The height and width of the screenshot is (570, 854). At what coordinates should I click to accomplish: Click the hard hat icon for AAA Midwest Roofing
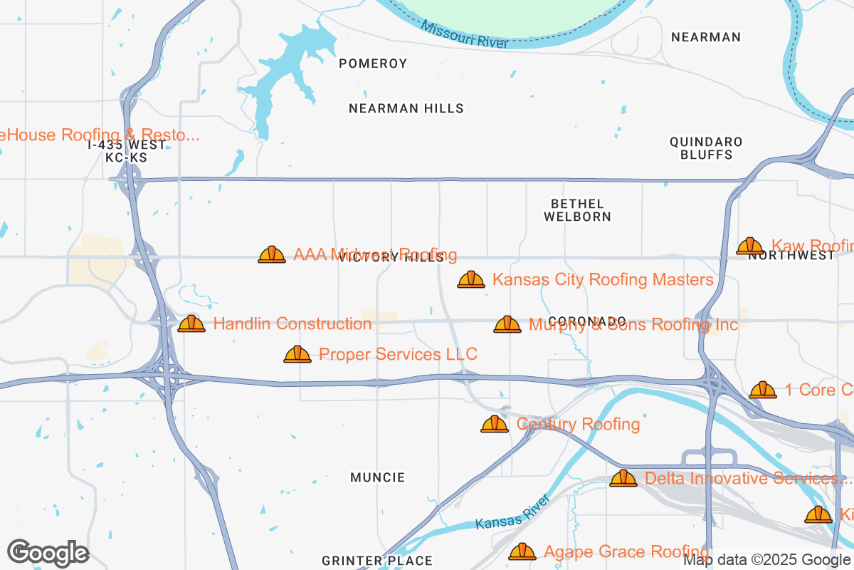click(x=272, y=254)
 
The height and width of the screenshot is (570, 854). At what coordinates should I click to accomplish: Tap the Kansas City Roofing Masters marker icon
click(x=470, y=279)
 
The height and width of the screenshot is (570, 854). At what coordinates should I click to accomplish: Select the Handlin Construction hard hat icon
click(x=191, y=323)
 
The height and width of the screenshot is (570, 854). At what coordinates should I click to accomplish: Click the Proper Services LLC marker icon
click(x=297, y=354)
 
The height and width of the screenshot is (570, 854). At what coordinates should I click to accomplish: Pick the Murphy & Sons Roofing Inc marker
click(x=507, y=324)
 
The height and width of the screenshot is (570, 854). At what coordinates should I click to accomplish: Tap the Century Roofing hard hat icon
click(x=495, y=425)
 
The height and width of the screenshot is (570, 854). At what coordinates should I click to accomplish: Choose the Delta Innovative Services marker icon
click(x=623, y=478)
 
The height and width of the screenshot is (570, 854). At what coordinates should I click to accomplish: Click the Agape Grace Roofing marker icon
click(x=522, y=551)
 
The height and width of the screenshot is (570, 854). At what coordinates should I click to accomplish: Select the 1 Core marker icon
click(x=763, y=390)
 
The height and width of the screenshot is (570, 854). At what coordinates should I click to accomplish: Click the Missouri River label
click(x=464, y=34)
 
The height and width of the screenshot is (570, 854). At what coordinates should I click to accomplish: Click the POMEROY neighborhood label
click(x=373, y=63)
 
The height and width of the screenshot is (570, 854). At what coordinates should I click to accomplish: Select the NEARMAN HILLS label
click(x=406, y=108)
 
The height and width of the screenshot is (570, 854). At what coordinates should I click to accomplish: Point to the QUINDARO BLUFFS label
click(x=706, y=147)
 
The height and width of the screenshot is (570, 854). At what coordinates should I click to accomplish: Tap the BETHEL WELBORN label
click(x=577, y=210)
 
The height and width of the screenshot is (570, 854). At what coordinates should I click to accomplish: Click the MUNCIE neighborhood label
click(x=377, y=477)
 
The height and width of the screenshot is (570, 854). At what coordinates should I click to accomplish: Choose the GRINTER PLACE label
click(x=376, y=561)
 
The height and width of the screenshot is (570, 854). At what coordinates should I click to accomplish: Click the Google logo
click(x=48, y=552)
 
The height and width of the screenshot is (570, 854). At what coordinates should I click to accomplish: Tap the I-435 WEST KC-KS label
click(x=127, y=151)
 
